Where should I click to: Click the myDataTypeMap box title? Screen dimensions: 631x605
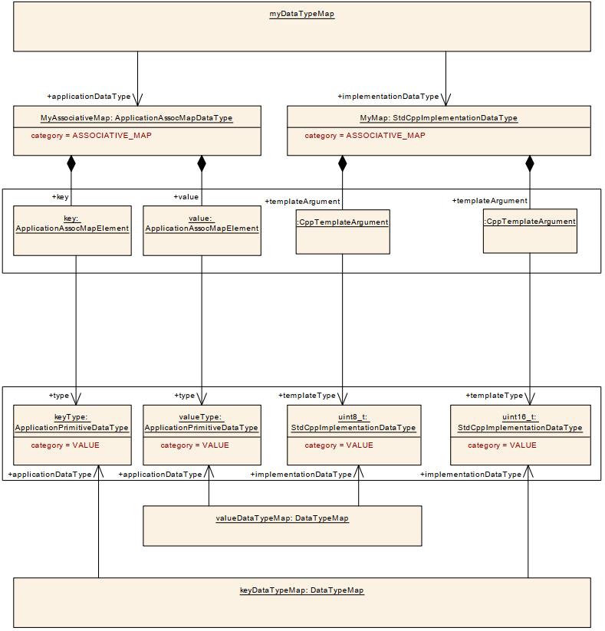pos(301,14)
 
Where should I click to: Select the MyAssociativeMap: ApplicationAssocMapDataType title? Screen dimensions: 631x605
pos(136,118)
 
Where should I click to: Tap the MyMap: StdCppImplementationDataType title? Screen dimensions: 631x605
pos(439,118)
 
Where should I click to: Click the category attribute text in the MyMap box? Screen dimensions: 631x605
pos(364,136)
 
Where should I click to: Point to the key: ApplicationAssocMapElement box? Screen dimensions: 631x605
pos(73,230)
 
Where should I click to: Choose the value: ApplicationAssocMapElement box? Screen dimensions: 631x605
pos(202,230)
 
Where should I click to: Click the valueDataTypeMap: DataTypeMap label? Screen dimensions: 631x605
pos(281,518)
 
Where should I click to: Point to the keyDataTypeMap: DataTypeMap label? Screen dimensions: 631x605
pos(301,590)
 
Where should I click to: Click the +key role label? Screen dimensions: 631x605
pos(60,197)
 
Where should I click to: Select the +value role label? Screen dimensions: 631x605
pos(186,197)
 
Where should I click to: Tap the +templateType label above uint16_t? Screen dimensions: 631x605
pos(494,396)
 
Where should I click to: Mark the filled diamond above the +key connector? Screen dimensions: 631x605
pos(71,163)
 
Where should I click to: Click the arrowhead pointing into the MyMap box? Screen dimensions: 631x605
pos(446,100)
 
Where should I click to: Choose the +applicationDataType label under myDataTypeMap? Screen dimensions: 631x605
pos(89,97)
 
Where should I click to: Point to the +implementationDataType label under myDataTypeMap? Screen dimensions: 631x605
pos(388,97)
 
